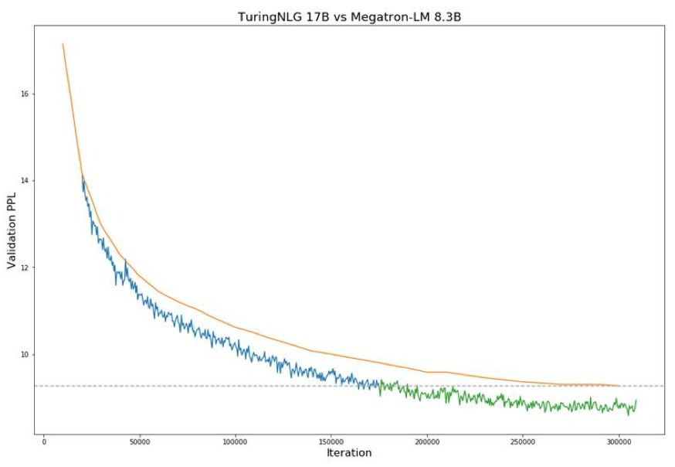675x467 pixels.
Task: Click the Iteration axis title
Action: pyautogui.click(x=348, y=452)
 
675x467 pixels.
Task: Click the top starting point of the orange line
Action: pyautogui.click(x=63, y=44)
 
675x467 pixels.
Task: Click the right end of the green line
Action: pyautogui.click(x=636, y=401)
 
